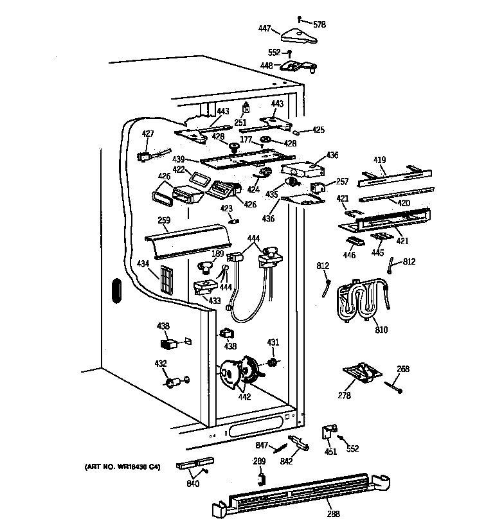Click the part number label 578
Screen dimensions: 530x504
tap(319, 24)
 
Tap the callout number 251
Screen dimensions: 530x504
tap(240, 122)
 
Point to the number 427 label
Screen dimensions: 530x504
tap(148, 134)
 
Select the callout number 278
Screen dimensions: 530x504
tap(345, 396)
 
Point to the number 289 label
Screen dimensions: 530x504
tap(258, 461)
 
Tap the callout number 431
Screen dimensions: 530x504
tap(273, 342)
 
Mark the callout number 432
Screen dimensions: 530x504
tap(161, 364)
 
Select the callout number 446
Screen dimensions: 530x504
tap(349, 255)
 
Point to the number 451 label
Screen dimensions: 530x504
tap(330, 451)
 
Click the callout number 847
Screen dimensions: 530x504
tap(262, 445)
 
